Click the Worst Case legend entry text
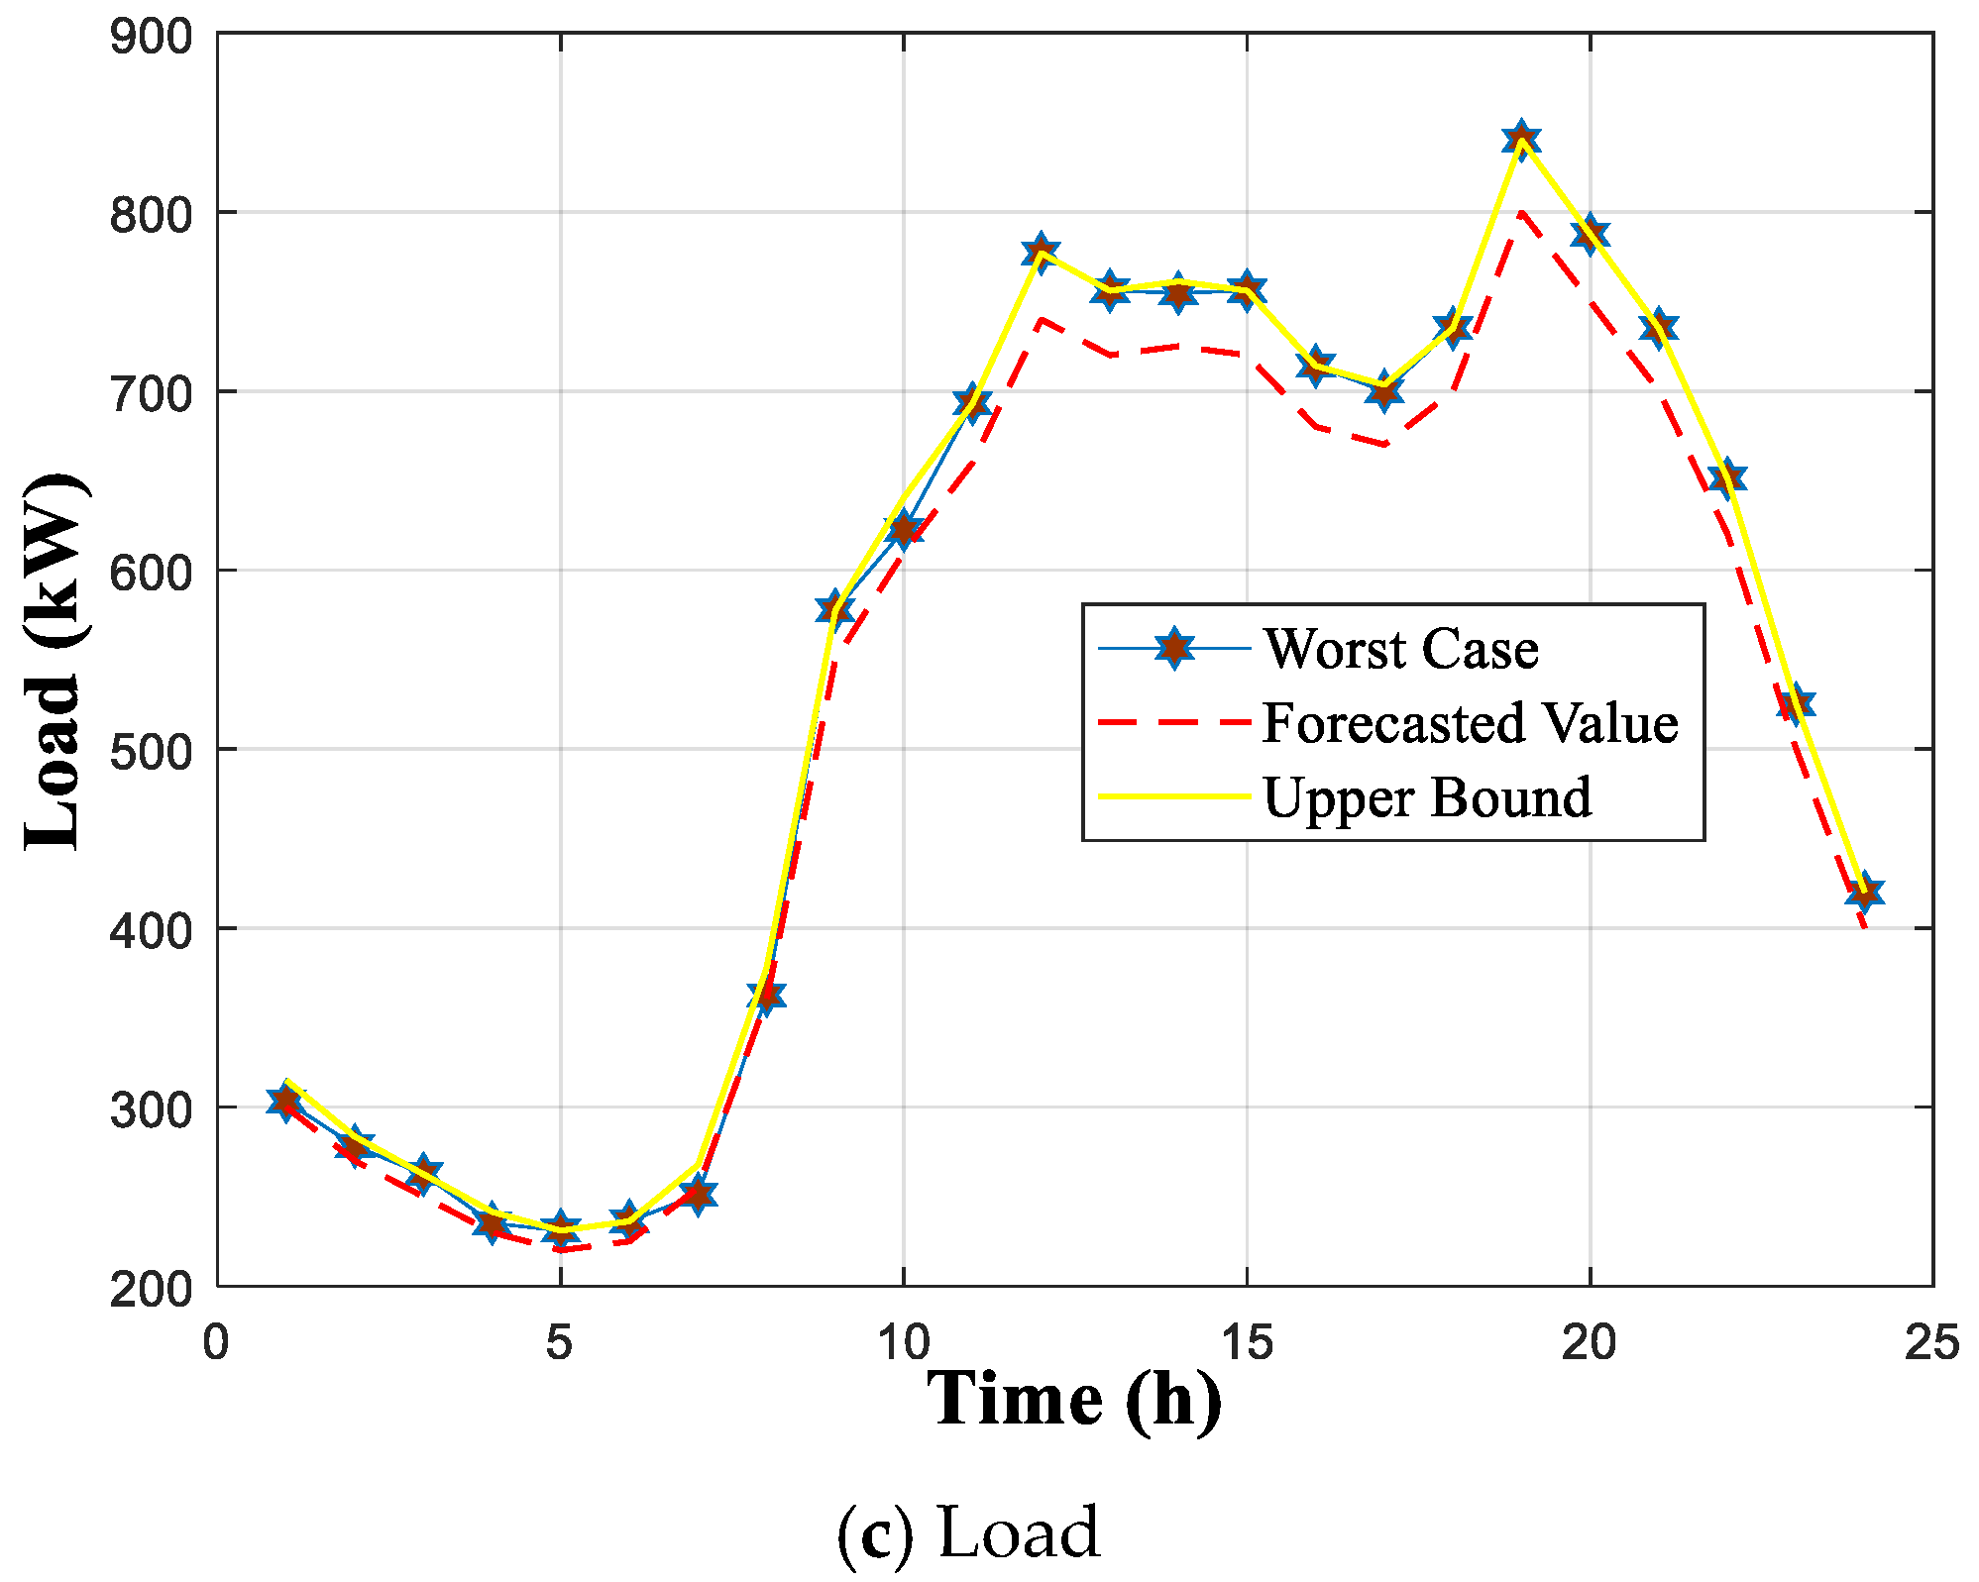(x=1399, y=650)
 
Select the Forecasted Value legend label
(x=1470, y=723)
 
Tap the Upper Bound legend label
(x=1427, y=797)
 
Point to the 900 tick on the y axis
(x=151, y=37)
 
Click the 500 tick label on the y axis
(x=151, y=751)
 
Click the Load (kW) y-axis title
(x=55, y=662)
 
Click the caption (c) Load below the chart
(x=968, y=1532)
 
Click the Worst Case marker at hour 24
(x=1864, y=892)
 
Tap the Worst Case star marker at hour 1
(x=285, y=1101)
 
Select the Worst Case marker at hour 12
(x=1040, y=252)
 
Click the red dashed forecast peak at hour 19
(x=1520, y=212)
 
